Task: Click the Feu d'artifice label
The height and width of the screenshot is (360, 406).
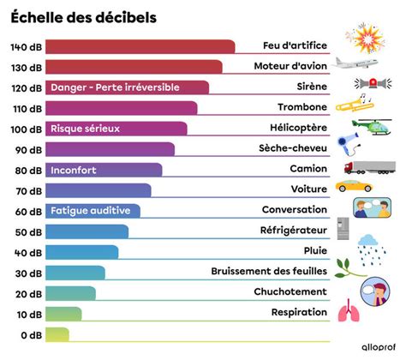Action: pos(295,46)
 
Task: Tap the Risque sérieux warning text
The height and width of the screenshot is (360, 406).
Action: pos(85,129)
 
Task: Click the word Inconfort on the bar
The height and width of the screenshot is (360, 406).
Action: pos(74,170)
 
